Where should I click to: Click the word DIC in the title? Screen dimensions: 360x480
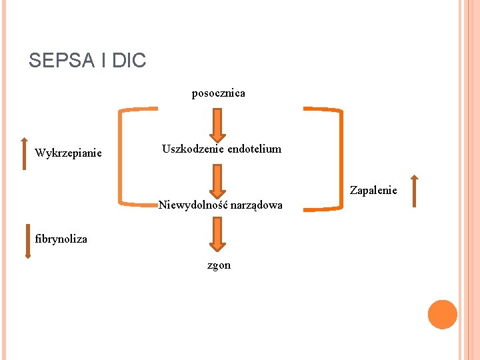pyautogui.click(x=129, y=61)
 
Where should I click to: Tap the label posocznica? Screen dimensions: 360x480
pyautogui.click(x=218, y=93)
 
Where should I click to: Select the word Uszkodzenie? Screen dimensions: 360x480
pyautogui.click(x=193, y=149)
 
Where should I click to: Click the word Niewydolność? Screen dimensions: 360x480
pyautogui.click(x=189, y=205)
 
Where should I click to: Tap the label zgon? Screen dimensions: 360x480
pyautogui.click(x=219, y=265)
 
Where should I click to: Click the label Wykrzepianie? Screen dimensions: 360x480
pyautogui.click(x=68, y=153)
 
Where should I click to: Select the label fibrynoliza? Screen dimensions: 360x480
pyautogui.click(x=61, y=239)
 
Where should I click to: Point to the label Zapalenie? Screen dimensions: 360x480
pyautogui.click(x=373, y=191)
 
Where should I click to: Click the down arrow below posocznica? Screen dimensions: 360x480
pyautogui.click(x=219, y=125)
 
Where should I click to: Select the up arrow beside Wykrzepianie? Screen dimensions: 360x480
pyautogui.click(x=25, y=153)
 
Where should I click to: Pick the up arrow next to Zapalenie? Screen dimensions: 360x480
pyautogui.click(x=414, y=191)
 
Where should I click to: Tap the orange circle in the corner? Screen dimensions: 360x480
pyautogui.click(x=443, y=315)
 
